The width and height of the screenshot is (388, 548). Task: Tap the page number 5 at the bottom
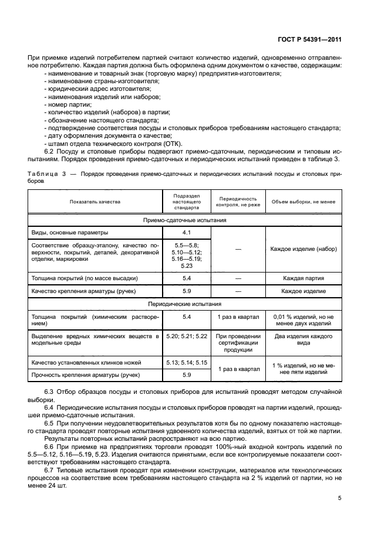point(339,498)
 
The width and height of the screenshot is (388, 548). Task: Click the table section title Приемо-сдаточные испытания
point(185,220)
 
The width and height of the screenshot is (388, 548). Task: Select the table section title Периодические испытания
point(185,304)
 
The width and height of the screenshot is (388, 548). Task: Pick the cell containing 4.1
point(187,233)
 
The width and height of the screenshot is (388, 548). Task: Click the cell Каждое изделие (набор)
point(303,249)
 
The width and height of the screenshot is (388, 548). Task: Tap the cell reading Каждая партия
point(303,278)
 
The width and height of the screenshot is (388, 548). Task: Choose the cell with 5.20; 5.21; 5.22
point(187,336)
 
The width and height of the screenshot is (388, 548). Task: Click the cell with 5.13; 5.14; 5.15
point(187,363)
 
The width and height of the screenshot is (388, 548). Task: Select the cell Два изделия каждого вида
point(303,340)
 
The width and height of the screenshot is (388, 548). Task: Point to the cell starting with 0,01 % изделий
point(303,320)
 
